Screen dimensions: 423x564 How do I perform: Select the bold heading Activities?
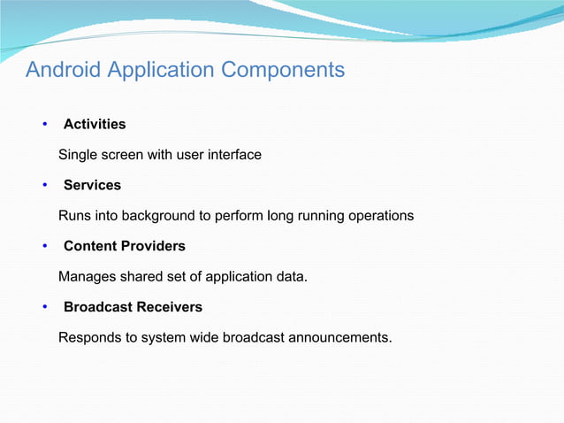[x=95, y=124]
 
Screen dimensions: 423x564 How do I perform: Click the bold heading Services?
[x=92, y=185]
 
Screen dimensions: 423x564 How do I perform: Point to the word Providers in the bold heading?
[x=151, y=246]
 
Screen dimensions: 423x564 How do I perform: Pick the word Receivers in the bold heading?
[x=169, y=307]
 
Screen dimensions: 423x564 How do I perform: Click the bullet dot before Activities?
[x=45, y=124]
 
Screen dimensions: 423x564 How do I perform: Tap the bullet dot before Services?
[x=45, y=185]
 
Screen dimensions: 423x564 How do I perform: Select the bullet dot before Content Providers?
[x=45, y=246]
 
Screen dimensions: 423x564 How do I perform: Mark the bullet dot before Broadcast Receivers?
[x=45, y=307]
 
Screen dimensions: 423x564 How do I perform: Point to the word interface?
[x=234, y=155]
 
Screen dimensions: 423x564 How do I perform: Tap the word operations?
[x=377, y=216]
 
